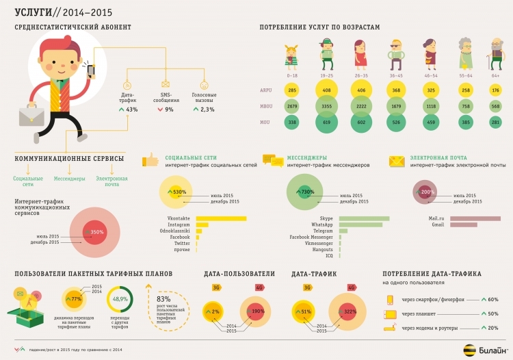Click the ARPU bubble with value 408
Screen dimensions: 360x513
326,90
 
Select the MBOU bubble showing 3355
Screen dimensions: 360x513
326,106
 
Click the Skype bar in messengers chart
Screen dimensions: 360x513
364,218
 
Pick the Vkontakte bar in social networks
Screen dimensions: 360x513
220,218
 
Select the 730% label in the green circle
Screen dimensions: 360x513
307,192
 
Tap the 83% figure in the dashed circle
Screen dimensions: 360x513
163,298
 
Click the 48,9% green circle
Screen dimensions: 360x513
120,299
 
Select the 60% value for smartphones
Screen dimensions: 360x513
492,299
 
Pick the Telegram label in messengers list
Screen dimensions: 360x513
323,231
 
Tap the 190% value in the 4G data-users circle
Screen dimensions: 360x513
259,311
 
